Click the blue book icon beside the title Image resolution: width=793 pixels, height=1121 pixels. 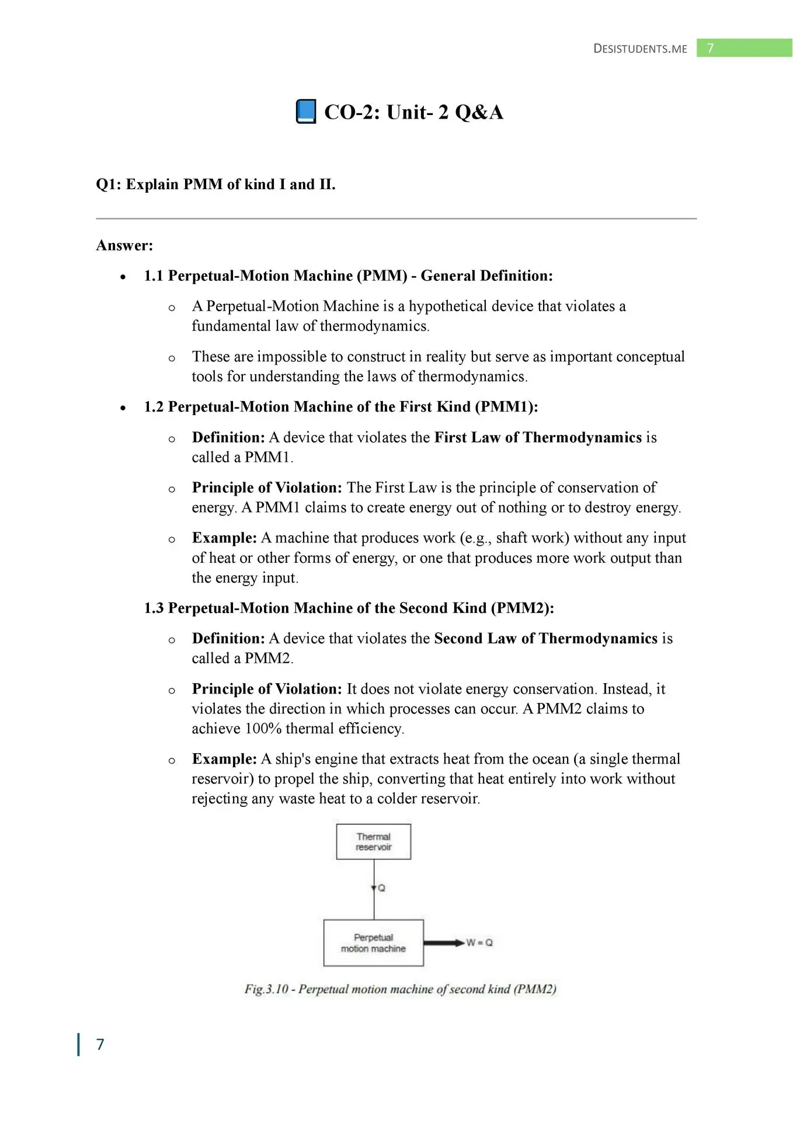click(306, 112)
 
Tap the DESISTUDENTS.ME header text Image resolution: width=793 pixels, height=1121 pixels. click(640, 49)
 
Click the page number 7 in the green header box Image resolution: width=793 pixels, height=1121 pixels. click(710, 48)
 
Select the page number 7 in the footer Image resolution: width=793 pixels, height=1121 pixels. click(100, 1044)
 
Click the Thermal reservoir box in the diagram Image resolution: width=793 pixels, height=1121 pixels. click(373, 841)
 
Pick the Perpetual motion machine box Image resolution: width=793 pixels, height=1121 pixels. click(373, 943)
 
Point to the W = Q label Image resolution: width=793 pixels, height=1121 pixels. click(479, 942)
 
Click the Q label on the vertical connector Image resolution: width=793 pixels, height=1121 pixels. click(382, 888)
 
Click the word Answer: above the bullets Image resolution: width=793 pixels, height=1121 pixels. click(124, 245)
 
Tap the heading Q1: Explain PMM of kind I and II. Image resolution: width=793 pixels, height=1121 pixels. click(215, 184)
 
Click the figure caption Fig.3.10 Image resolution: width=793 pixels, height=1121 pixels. click(401, 989)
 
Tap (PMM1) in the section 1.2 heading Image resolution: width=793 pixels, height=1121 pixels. click(506, 407)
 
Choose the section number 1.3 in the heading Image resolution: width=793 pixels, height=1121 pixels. click(154, 608)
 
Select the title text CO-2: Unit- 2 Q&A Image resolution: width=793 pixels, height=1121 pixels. click(413, 112)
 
